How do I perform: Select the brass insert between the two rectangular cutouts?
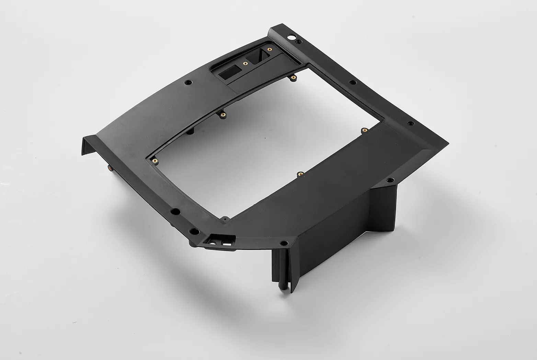tap(244, 63)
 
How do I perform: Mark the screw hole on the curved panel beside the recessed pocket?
tap(187, 83)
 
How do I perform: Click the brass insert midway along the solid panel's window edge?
tap(300, 173)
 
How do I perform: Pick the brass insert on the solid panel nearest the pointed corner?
tap(364, 130)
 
